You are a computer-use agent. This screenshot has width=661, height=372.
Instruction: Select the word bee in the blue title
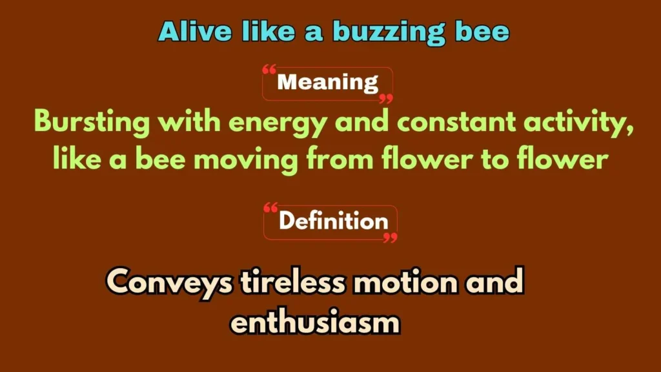[481, 32]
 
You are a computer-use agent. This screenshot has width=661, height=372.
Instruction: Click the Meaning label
[327, 83]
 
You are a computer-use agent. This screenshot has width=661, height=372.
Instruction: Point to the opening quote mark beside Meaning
[270, 70]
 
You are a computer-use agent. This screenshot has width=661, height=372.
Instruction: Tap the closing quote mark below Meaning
[385, 99]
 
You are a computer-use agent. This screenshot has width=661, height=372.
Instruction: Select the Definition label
[333, 222]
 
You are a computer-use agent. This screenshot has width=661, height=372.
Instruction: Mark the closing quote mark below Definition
[390, 238]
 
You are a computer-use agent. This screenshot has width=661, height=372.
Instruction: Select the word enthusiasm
[316, 321]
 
